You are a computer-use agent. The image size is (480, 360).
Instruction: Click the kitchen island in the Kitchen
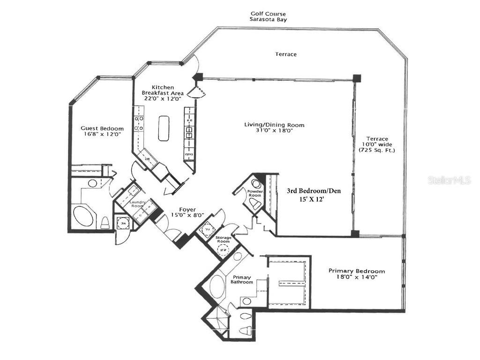pos(164,128)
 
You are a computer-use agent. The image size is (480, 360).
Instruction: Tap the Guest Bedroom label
pos(102,128)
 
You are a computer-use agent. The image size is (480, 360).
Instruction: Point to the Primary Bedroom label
pos(357,271)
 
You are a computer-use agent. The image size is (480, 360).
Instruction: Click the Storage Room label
pos(223,240)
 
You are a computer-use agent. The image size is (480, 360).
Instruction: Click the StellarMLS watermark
pos(449,180)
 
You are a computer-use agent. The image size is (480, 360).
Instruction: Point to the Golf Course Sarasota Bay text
pos(268,17)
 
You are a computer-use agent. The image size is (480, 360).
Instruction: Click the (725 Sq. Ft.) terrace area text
pos(377,150)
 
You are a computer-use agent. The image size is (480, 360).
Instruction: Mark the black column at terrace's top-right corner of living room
pos(357,77)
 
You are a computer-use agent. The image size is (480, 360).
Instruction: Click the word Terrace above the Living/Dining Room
pos(285,54)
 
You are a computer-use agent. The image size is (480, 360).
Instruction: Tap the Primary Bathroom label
pos(242,279)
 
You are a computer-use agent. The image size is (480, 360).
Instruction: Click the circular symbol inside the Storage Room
pos(224,250)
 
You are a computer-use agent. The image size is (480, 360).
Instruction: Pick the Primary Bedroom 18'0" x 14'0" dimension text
pos(357,277)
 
